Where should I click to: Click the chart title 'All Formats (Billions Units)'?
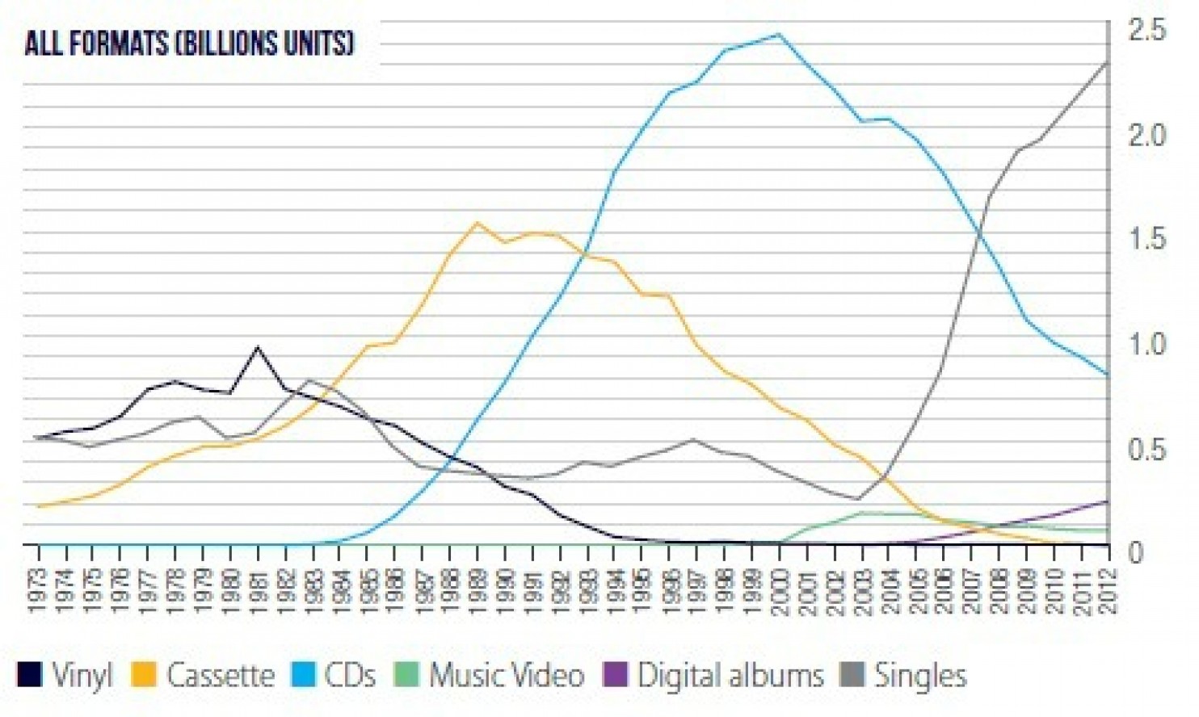click(189, 43)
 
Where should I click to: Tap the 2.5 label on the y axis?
click(1147, 31)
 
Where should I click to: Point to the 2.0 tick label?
click(1147, 135)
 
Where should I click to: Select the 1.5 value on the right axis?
click(1147, 239)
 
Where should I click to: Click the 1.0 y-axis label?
click(1147, 344)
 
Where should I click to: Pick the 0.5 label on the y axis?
click(1147, 449)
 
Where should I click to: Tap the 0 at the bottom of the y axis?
click(1135, 553)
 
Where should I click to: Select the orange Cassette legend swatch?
click(143, 675)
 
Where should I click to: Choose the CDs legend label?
click(350, 675)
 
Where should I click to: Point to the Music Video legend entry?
click(506, 675)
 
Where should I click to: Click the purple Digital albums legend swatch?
click(616, 675)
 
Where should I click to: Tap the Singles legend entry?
click(919, 675)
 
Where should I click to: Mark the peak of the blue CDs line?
click(779, 35)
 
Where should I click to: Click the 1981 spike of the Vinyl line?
click(258, 348)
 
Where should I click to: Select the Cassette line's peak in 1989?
click(477, 223)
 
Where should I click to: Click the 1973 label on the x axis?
click(36, 590)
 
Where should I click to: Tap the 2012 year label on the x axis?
click(1109, 590)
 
